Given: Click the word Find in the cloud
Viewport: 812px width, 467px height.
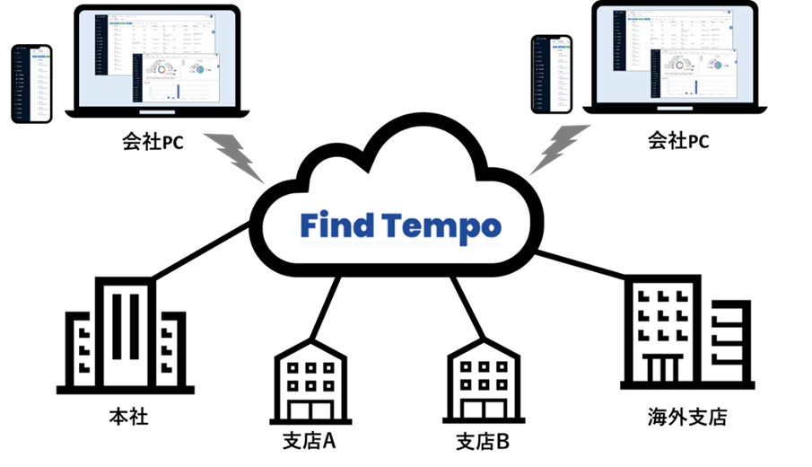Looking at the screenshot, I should click(x=334, y=225).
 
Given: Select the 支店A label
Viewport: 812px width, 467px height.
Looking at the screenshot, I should click(x=310, y=442).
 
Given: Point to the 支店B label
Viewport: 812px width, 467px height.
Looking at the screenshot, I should click(x=483, y=442).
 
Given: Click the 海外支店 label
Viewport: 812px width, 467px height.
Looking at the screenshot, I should click(x=686, y=418).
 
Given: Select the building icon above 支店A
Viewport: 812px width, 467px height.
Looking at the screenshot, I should click(x=309, y=377).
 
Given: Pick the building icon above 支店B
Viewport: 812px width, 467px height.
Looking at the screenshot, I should click(x=483, y=377).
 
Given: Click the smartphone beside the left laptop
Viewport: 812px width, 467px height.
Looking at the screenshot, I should click(x=31, y=84).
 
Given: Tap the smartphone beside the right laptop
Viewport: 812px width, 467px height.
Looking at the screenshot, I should click(x=552, y=74).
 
